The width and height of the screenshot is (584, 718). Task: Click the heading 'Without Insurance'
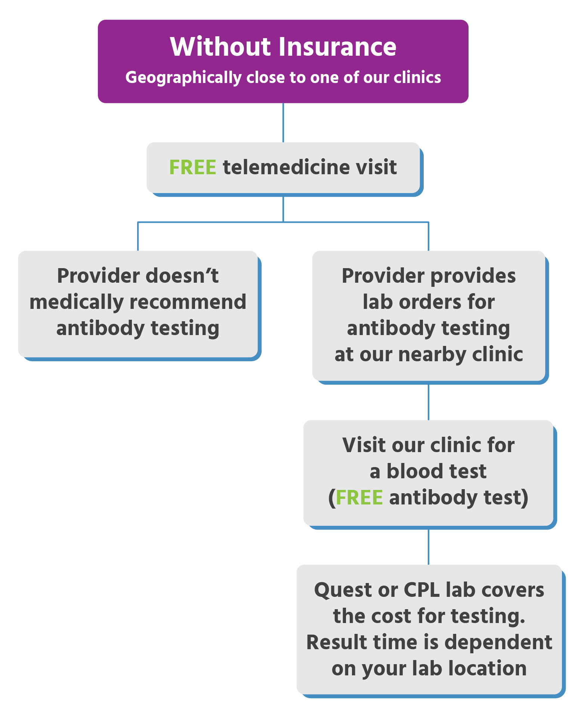283,47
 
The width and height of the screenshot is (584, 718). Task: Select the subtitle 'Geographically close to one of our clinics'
283,77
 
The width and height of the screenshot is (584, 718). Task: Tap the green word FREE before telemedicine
192,167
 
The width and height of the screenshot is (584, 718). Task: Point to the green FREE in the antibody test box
359,497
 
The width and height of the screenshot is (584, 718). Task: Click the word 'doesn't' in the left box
182,276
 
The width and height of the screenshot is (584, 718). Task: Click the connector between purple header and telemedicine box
283,123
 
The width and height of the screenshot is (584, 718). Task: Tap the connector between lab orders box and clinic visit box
428,402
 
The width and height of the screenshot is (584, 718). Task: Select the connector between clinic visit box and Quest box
428,547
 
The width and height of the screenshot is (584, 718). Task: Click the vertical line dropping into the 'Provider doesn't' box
138,236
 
